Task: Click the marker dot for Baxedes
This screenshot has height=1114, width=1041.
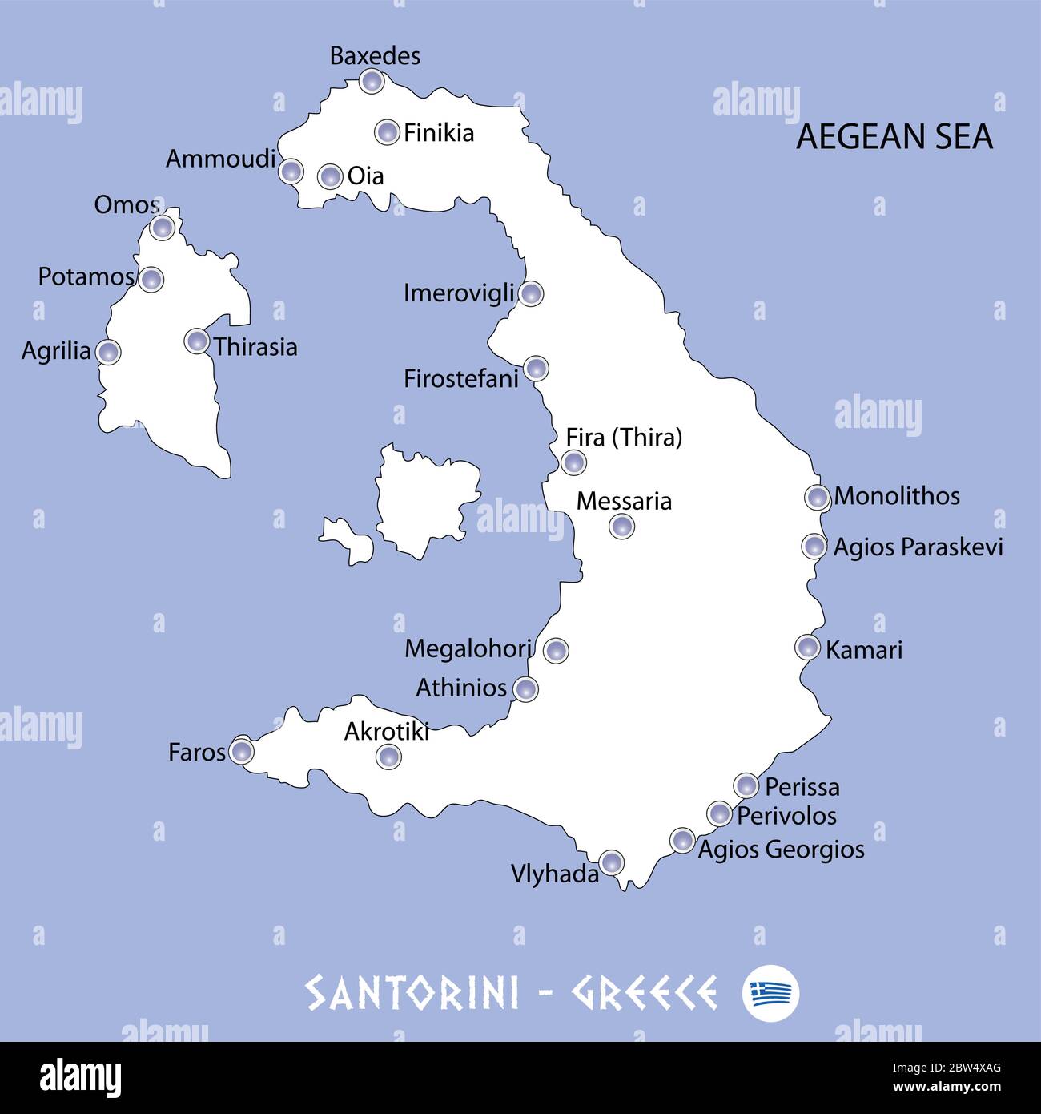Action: pos(371,80)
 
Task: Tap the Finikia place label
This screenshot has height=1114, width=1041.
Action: pos(438,133)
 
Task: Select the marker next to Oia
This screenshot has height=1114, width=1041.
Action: pos(330,176)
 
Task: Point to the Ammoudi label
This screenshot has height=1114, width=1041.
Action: pos(220,159)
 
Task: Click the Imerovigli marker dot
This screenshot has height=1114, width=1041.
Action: pos(530,293)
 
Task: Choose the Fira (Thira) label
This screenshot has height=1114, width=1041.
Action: pos(624,438)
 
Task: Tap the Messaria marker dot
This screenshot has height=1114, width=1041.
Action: pos(621,527)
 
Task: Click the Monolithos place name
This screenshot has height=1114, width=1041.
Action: pos(896,496)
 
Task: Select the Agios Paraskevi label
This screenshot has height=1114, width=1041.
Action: pos(918,547)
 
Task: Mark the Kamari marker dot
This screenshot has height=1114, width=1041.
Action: pos(808,647)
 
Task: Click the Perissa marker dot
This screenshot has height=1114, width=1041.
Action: pos(746,785)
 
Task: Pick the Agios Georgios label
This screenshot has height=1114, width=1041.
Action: pos(781,850)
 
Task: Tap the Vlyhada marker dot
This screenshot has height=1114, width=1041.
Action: pos(611,862)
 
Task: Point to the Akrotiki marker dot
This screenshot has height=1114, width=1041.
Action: pos(388,756)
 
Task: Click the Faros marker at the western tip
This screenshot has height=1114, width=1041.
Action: pos(241,751)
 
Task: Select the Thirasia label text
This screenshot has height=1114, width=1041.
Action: pos(255,347)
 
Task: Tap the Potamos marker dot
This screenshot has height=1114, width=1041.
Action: pos(151,280)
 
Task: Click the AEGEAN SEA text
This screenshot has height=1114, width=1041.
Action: pos(894,137)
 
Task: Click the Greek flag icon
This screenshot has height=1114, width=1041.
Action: pos(770,994)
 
